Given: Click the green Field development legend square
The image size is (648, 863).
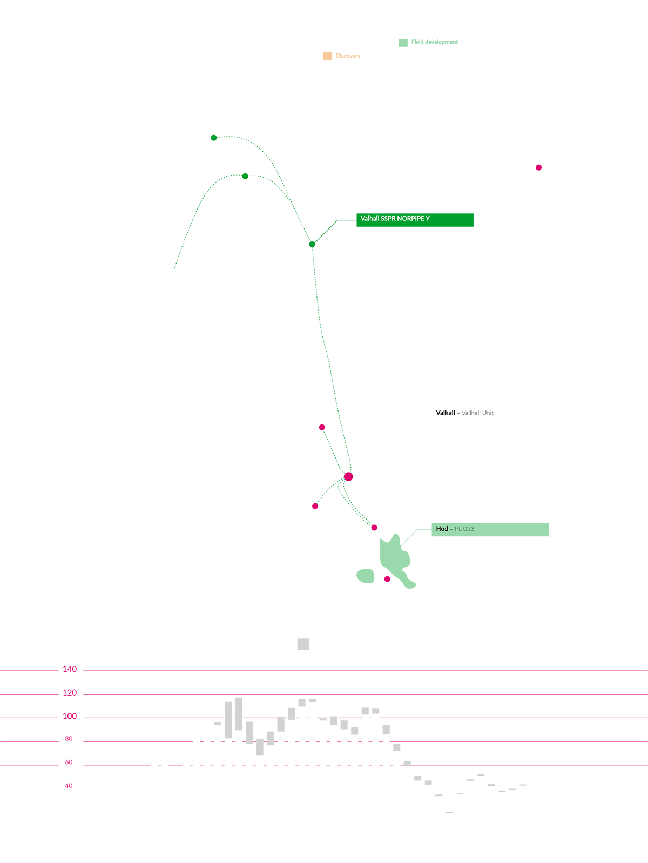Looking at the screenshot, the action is tap(403, 43).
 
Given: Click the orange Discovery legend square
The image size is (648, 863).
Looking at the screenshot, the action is tap(327, 56).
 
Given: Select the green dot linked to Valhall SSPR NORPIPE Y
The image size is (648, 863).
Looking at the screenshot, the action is tap(312, 244).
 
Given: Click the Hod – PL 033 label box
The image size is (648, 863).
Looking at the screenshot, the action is tap(490, 529).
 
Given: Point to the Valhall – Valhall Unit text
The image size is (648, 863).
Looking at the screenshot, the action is tap(464, 413).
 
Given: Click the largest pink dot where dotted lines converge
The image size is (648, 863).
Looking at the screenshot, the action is tap(348, 476).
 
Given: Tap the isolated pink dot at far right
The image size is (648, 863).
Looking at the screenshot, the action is tap(538, 167).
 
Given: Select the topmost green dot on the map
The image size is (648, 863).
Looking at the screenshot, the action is tap(214, 138).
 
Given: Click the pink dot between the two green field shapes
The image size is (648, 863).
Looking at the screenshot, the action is tap(387, 579).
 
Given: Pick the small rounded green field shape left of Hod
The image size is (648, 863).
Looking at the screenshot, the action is tap(366, 576).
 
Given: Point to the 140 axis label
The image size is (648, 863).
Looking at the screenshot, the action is tap(70, 669).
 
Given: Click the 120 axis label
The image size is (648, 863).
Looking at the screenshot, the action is tap(70, 692).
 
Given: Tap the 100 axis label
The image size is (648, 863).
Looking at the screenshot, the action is tap(70, 716).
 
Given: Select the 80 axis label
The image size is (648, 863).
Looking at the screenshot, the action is tap(69, 738).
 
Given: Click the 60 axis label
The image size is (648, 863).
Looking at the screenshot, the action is tap(69, 762).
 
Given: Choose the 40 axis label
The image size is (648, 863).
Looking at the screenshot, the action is tap(69, 786).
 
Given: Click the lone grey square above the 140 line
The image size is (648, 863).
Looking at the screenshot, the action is tap(303, 644).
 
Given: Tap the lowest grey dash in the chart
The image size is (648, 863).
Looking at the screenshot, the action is tap(449, 812).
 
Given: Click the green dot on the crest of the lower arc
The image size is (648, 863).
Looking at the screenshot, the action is tap(245, 176).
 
